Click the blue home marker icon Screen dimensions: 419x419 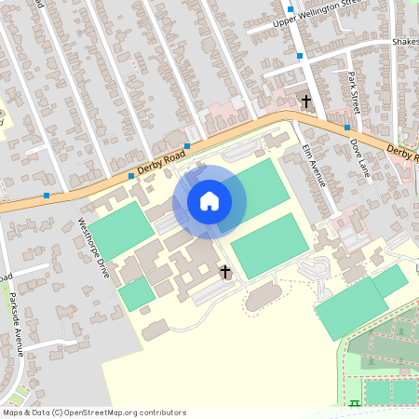tap(209, 201)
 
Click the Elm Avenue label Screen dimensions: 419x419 tap(315, 164)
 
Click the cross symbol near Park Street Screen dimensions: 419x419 tap(304, 100)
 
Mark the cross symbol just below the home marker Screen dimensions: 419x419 tap(224, 272)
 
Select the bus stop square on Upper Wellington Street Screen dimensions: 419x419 tap(291, 10)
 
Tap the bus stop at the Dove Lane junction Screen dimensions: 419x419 tap(346, 128)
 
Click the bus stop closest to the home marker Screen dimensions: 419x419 tap(187, 146)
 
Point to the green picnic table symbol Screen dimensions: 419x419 tap(356, 405)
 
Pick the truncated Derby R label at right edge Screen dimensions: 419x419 tap(402, 152)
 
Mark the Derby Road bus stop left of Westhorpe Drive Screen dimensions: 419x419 tap(47, 195)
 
